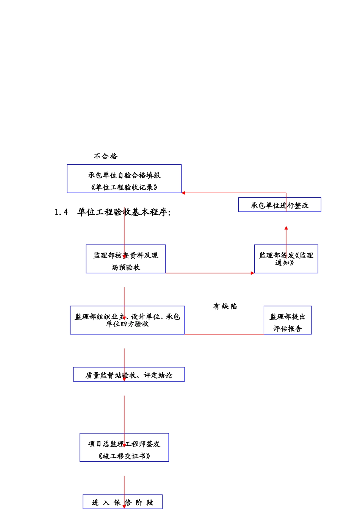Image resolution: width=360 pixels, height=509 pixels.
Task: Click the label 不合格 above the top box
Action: click(106, 156)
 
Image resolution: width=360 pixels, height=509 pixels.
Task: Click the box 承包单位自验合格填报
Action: click(124, 175)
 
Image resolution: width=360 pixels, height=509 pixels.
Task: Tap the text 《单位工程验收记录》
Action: click(124, 187)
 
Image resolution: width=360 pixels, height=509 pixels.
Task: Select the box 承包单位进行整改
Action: click(280, 205)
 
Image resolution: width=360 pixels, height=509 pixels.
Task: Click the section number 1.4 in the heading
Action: click(61, 212)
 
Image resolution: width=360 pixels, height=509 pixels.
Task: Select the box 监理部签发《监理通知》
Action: click(286, 259)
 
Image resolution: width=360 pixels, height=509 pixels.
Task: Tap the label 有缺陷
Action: click(225, 306)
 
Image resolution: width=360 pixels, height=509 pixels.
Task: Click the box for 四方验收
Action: click(127, 320)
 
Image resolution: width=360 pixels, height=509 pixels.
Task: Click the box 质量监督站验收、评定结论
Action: click(129, 375)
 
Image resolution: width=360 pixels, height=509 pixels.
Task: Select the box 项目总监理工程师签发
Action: click(124, 444)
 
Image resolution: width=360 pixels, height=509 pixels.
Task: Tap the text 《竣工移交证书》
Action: click(124, 456)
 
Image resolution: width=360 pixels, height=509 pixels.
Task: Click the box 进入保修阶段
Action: click(122, 502)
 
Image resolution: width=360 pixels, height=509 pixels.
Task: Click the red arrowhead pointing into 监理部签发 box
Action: click(252, 273)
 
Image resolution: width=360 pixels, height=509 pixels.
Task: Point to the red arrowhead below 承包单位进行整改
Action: click(286, 228)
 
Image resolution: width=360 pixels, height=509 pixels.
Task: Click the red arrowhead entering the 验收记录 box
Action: click(183, 193)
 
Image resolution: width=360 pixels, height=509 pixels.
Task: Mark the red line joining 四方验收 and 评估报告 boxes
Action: click(224, 334)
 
